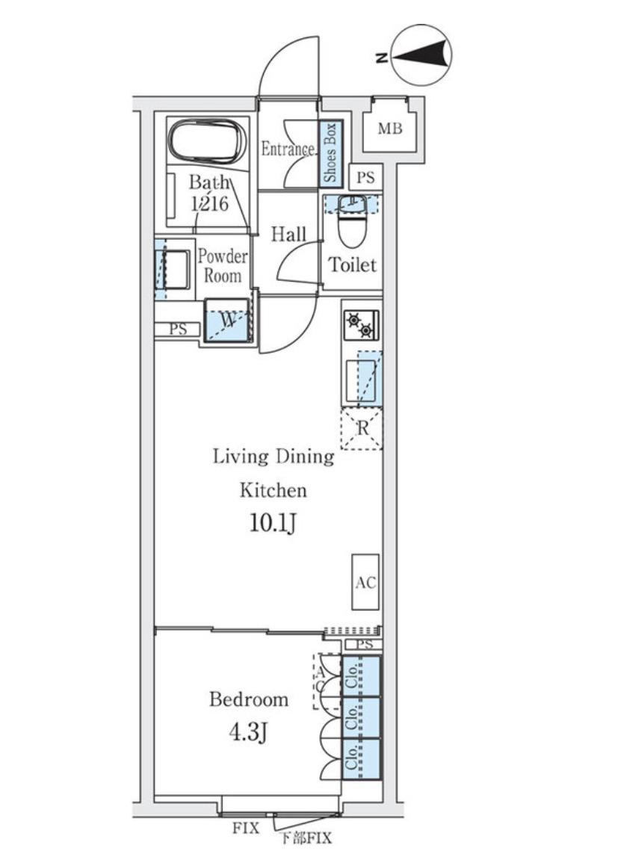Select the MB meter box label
[x=390, y=129]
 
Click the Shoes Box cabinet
[x=330, y=154]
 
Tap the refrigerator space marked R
[x=362, y=429]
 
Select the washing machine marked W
[x=227, y=321]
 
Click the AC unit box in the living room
[x=366, y=582]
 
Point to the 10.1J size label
[x=273, y=524]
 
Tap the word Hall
[x=288, y=235]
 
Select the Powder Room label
[x=223, y=265]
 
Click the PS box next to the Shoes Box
[x=366, y=178]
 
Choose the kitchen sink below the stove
[x=362, y=379]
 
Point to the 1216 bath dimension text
[x=209, y=203]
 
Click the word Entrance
[x=288, y=149]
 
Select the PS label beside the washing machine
[x=178, y=329]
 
